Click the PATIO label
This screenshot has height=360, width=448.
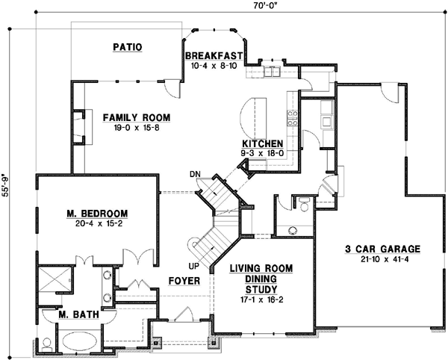point(128,47)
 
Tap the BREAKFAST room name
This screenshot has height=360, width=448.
point(215,55)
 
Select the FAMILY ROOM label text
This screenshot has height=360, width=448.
point(136,117)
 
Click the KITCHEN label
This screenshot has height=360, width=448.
point(261,143)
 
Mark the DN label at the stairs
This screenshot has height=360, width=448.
point(196,174)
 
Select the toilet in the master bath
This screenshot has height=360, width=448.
point(46,344)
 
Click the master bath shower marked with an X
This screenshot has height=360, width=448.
point(52,281)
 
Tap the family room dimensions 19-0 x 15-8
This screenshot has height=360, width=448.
point(136,128)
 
